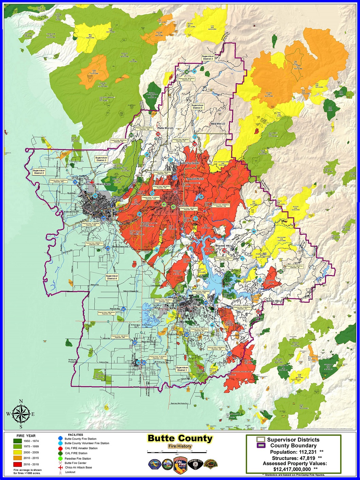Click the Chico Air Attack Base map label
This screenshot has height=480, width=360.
pos(98,184)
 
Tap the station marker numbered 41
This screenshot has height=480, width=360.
pos(75,182)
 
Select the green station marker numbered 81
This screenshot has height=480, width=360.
pos(164,205)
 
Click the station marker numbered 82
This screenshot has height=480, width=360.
pos(173,207)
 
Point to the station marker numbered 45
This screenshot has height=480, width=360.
pos(108,248)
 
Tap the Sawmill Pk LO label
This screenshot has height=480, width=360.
pos(195,179)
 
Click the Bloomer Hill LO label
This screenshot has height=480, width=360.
pos(224,245)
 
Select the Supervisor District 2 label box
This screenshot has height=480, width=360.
pos(39,172)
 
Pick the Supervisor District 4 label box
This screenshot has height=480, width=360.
pos(112,277)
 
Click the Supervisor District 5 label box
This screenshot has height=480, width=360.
pos(197,106)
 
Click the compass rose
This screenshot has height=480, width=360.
pos(21,414)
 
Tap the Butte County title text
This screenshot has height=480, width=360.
pos(180,439)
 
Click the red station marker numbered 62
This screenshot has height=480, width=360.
pos(224,251)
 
